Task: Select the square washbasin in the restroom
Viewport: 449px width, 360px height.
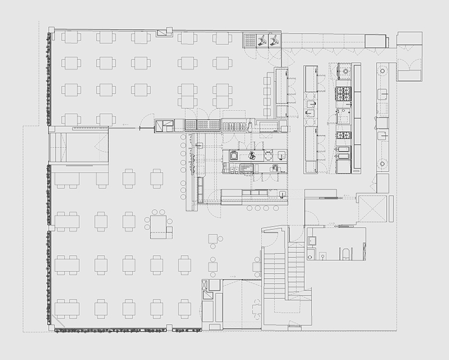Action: tap(314, 240)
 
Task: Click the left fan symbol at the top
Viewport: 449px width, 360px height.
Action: tap(262, 40)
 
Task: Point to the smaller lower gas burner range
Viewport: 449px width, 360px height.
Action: tap(343, 135)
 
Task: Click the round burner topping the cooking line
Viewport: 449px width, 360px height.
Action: tap(343, 71)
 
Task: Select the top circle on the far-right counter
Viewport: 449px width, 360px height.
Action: tap(384, 70)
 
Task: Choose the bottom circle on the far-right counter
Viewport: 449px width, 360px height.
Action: tap(384, 163)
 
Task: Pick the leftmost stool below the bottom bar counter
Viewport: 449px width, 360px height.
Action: tap(250, 207)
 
